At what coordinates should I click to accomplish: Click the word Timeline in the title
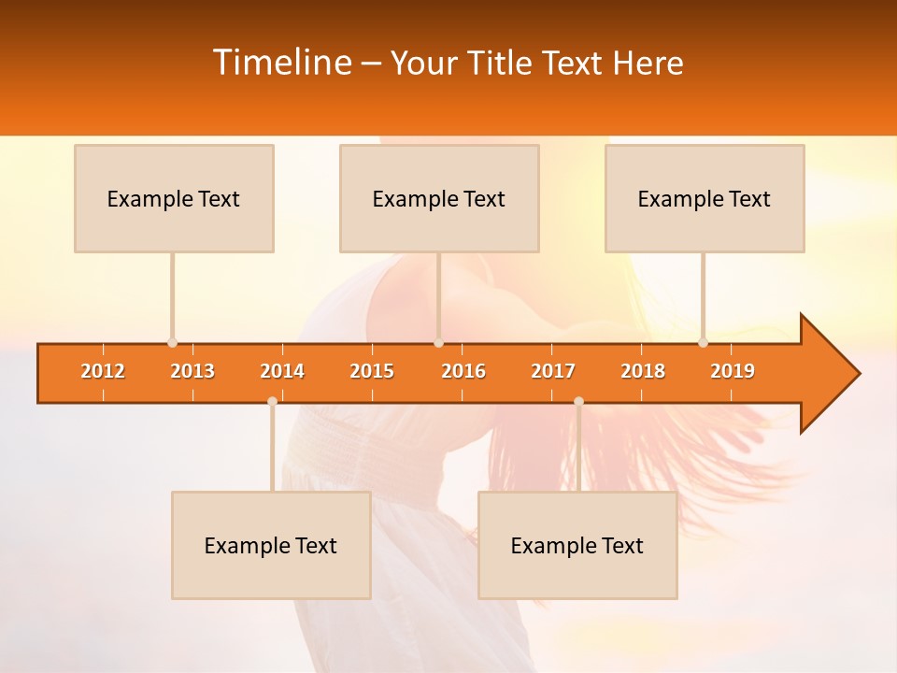point(280,63)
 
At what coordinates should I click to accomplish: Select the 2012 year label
point(103,371)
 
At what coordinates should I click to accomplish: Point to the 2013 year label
point(192,371)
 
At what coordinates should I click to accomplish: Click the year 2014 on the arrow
point(282,371)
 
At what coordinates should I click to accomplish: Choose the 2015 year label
point(372,371)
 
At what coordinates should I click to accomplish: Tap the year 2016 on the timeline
point(463,371)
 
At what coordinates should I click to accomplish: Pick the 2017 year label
point(553,371)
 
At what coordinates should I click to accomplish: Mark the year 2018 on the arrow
point(643,371)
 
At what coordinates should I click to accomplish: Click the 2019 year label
point(733,371)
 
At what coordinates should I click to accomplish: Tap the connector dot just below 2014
point(272,401)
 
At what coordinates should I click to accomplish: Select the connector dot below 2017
point(578,401)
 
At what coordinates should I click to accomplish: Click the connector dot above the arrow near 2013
point(172,343)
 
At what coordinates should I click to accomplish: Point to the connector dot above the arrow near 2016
point(438,343)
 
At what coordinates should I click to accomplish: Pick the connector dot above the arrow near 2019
point(703,343)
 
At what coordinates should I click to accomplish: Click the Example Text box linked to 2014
point(271,545)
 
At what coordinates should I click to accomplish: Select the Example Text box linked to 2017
point(577,545)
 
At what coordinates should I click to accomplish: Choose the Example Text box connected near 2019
point(705,198)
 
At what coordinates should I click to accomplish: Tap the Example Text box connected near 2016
point(439,198)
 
